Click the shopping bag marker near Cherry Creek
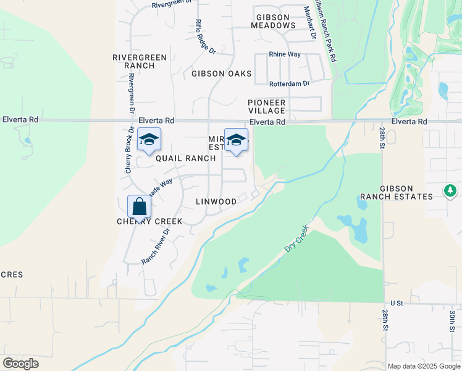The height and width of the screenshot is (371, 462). click(x=139, y=207)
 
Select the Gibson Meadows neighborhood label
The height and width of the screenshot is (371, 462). click(x=273, y=20)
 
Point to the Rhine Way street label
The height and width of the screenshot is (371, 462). click(x=285, y=54)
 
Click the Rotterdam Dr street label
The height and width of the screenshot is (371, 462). click(x=289, y=83)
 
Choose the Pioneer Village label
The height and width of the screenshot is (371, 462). click(x=267, y=106)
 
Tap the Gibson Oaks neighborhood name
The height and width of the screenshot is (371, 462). click(x=221, y=74)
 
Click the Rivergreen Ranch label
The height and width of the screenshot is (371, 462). click(x=139, y=61)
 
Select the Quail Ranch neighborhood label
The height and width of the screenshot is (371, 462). click(x=185, y=158)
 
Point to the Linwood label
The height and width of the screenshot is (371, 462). click(x=216, y=202)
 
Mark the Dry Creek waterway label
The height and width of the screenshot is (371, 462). click(x=296, y=239)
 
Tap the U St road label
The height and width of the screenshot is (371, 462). click(x=396, y=304)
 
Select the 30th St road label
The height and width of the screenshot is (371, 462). click(x=452, y=323)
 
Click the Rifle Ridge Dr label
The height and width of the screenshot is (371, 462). click(x=205, y=36)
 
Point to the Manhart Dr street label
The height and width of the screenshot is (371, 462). click(x=309, y=23)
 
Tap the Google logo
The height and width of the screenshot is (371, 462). click(x=20, y=364)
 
